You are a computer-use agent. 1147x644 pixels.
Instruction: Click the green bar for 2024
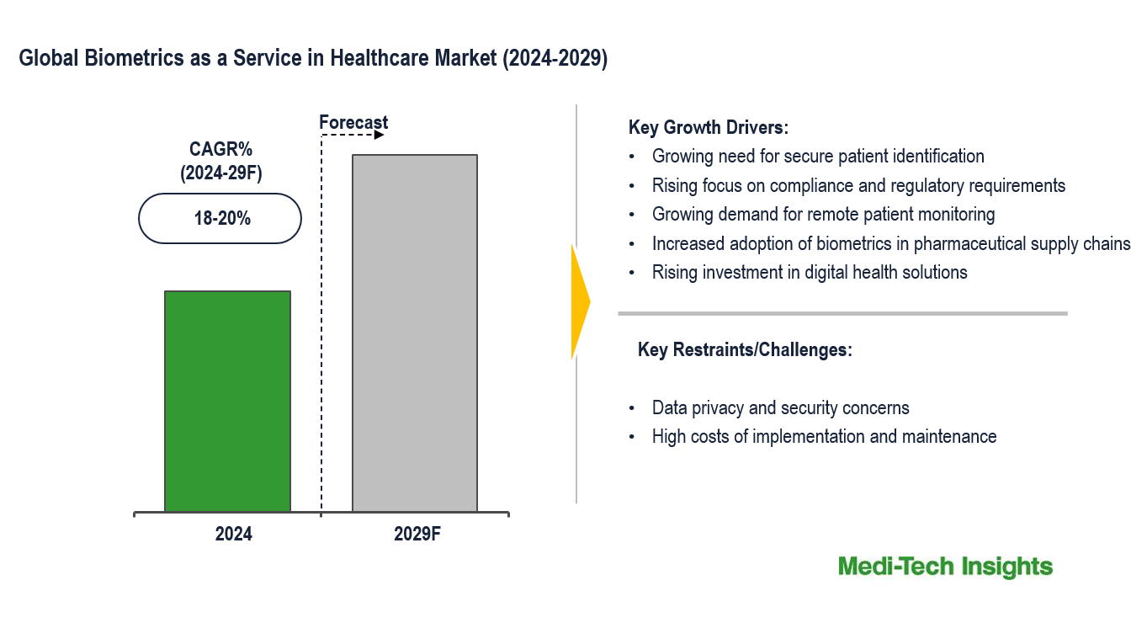pyautogui.click(x=227, y=401)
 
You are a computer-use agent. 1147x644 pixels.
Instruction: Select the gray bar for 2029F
pyautogui.click(x=414, y=333)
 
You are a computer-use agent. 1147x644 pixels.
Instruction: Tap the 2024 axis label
pyautogui.click(x=233, y=534)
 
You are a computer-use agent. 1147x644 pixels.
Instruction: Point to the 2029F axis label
pyautogui.click(x=417, y=534)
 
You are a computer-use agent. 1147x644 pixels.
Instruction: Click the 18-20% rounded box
pyautogui.click(x=220, y=219)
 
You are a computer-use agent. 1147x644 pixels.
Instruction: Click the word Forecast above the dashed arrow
pyautogui.click(x=353, y=123)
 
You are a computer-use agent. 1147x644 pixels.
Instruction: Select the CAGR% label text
pyautogui.click(x=220, y=150)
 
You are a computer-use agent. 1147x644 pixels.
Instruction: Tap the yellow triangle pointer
pyautogui.click(x=580, y=301)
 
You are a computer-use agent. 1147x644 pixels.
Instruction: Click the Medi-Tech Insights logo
pyautogui.click(x=945, y=567)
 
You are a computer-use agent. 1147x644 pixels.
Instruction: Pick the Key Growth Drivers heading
pyautogui.click(x=708, y=128)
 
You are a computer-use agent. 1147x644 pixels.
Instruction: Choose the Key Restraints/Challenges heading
pyautogui.click(x=745, y=349)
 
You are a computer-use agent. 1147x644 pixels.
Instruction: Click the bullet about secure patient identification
pyautogui.click(x=817, y=156)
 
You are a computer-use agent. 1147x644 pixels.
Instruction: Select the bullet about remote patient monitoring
pyautogui.click(x=823, y=214)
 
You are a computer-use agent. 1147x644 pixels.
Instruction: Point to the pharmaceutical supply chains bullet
pyautogui.click(x=891, y=243)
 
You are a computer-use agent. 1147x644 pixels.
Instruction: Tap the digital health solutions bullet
pyautogui.click(x=810, y=272)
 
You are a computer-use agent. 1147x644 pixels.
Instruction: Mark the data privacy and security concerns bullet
pyautogui.click(x=780, y=408)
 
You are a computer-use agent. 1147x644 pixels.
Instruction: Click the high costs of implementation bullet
pyautogui.click(x=824, y=436)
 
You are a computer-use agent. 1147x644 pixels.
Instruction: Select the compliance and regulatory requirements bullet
pyautogui.click(x=858, y=185)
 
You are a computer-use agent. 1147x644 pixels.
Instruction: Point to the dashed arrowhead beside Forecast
pyautogui.click(x=380, y=135)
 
